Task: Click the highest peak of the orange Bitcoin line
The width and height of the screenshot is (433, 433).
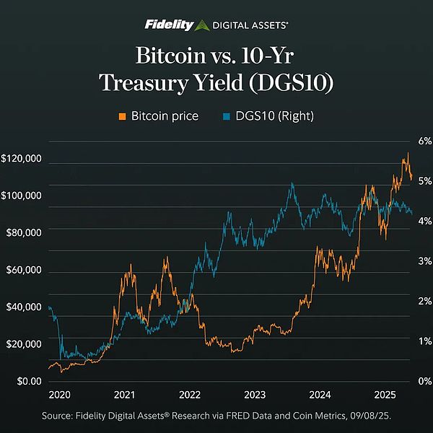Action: point(408,153)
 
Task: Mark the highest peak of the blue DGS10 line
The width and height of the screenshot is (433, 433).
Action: point(292,183)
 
